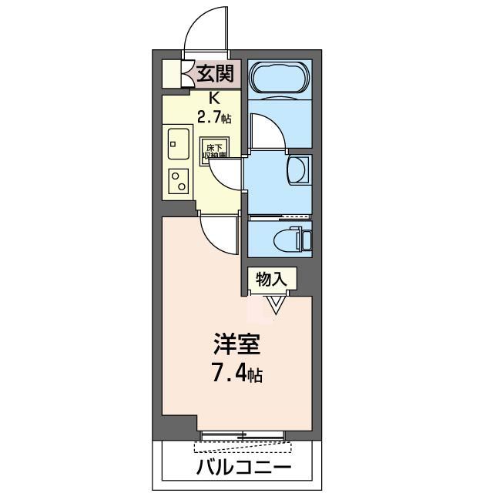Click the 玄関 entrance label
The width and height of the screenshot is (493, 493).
[214, 75]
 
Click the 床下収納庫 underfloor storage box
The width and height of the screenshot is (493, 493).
[214, 150]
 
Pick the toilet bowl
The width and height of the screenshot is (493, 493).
[294, 240]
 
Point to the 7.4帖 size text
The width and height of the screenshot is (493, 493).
[236, 375]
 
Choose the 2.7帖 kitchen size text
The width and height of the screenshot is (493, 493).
[214, 117]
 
